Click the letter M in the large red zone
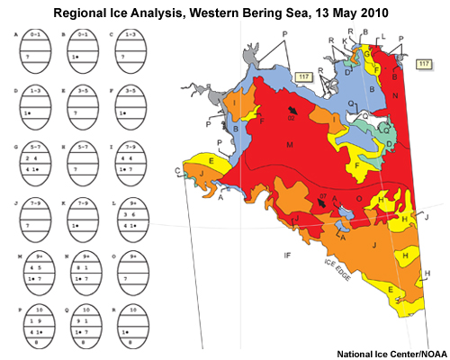click(290, 145)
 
